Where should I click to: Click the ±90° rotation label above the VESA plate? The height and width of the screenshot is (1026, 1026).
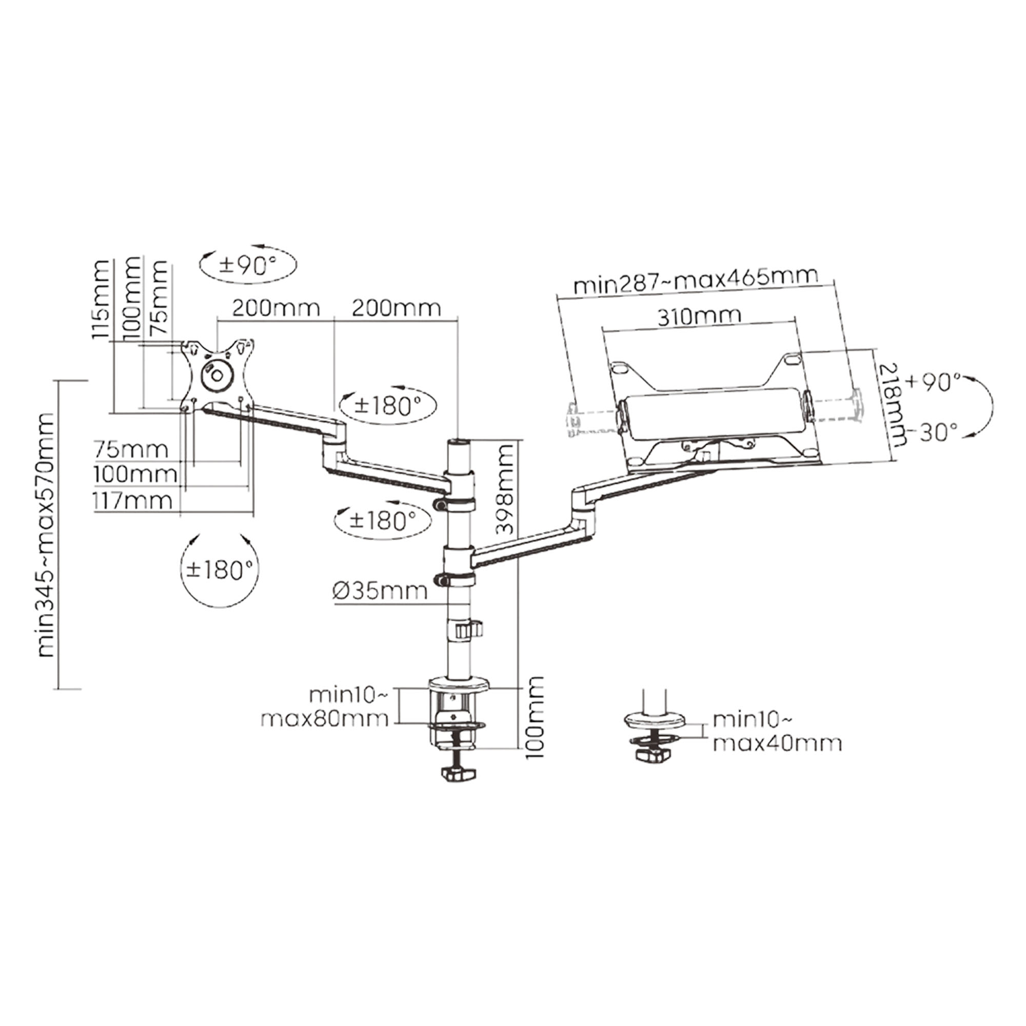tap(247, 265)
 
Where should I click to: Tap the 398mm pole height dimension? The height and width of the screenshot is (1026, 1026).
tap(505, 489)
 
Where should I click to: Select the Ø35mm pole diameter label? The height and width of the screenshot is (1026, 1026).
tap(380, 590)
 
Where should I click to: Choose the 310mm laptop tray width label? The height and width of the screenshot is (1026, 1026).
tap(699, 317)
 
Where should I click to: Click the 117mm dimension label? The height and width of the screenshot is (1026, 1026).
tap(133, 500)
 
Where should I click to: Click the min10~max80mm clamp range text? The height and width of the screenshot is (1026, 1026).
tap(340, 707)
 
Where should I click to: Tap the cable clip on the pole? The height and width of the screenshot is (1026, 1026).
tap(469, 630)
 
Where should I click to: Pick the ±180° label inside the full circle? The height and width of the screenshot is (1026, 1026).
tap(220, 570)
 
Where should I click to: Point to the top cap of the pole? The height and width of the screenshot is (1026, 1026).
tap(460, 442)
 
